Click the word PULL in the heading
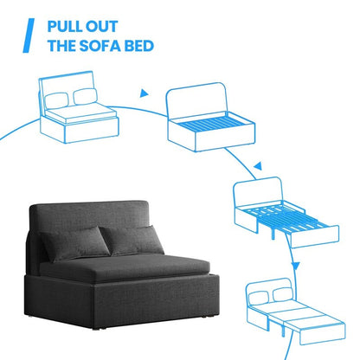coord(67,26)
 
